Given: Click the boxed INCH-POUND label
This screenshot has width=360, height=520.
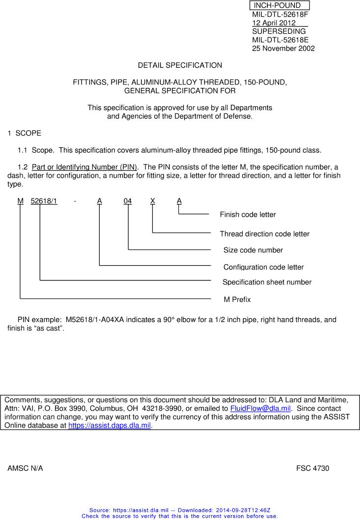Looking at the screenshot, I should click(279, 5).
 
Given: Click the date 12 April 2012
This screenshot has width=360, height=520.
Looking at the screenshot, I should click(274, 23).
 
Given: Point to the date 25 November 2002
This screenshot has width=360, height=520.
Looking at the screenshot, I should click(283, 49).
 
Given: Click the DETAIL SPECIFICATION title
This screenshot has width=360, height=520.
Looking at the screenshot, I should click(180, 65).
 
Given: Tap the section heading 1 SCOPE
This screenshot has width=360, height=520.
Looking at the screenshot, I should click(25, 133).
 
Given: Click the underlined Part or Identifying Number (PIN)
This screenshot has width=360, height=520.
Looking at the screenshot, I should click(84, 167).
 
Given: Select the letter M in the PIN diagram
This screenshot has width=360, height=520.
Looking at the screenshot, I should click(20, 201).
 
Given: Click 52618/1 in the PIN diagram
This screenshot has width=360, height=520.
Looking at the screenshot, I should click(44, 201).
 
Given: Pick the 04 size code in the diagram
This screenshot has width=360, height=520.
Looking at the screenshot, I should click(128, 201).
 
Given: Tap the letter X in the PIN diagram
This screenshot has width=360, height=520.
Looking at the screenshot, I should click(153, 201).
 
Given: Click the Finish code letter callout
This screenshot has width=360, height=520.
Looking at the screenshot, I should click(248, 215).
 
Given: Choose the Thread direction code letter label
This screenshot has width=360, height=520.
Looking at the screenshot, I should click(264, 234).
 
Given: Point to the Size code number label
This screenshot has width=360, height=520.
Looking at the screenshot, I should click(253, 250).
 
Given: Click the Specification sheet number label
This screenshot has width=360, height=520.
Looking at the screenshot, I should click(267, 282).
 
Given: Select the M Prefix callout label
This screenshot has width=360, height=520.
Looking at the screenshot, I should click(237, 300).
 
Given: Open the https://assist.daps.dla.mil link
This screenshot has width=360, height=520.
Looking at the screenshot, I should click(109, 426).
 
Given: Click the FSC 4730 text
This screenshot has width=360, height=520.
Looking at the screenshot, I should click(312, 468).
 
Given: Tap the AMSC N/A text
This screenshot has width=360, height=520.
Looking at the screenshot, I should click(25, 468).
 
